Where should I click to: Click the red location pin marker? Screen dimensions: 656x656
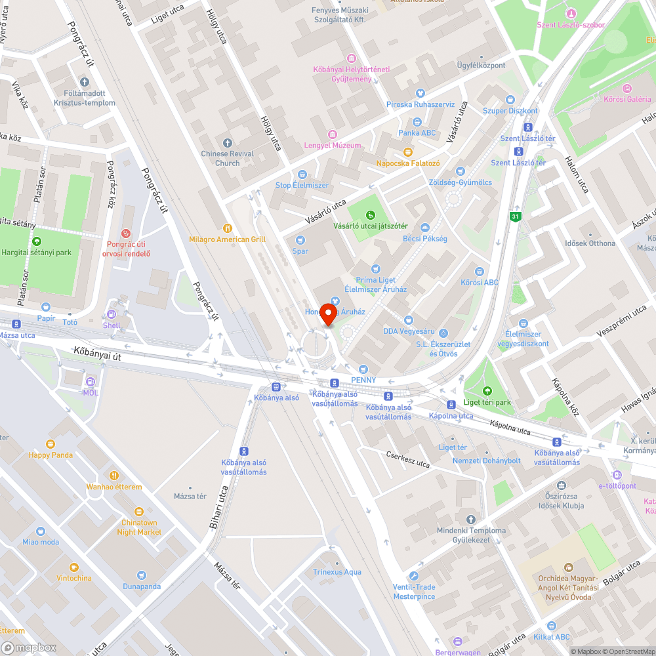(329, 314)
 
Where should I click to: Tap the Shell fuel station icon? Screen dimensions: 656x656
(112, 314)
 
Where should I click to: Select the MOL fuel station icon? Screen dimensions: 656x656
(90, 381)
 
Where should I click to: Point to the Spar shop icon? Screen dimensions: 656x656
(300, 240)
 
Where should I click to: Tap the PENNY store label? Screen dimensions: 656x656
(364, 380)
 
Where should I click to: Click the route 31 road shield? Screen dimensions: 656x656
(516, 216)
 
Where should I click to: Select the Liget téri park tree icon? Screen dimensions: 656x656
(486, 391)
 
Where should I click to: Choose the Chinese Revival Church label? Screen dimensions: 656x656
(228, 158)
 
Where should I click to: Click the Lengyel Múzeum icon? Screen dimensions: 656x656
(333, 134)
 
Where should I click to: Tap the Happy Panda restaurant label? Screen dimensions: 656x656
(51, 455)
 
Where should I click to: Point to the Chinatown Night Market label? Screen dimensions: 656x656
(139, 527)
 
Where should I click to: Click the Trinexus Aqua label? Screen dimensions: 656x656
(337, 572)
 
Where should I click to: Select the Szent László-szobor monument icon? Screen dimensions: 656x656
(571, 14)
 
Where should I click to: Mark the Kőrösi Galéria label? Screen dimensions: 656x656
(627, 99)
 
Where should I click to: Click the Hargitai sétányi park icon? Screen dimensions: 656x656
(37, 241)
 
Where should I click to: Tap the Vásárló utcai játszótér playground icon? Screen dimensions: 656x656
(371, 215)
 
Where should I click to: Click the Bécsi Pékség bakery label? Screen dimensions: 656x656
(425, 239)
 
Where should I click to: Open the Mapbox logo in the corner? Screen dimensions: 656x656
(30, 647)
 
